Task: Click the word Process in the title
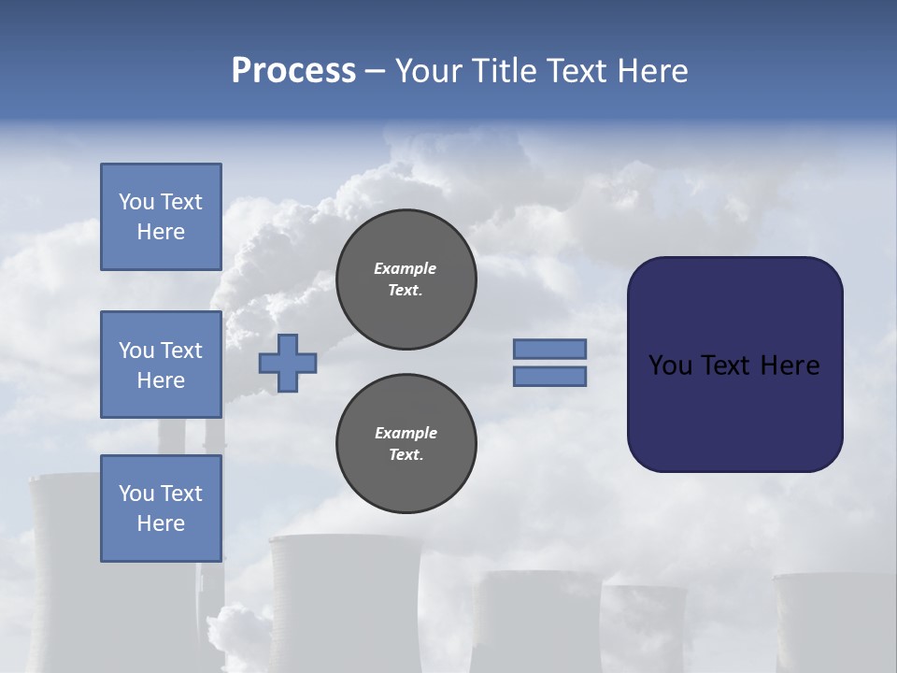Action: (x=293, y=71)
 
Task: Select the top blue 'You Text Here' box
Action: (x=161, y=217)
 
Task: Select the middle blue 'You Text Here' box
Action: (x=161, y=365)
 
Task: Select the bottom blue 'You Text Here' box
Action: (x=161, y=508)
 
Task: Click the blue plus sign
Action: (x=288, y=363)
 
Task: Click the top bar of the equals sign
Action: (x=549, y=349)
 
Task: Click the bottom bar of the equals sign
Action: (x=549, y=377)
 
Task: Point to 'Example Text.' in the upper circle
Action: (x=406, y=279)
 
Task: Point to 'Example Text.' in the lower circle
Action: (x=406, y=444)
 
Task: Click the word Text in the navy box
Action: (x=725, y=365)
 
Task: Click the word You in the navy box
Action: (x=670, y=365)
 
